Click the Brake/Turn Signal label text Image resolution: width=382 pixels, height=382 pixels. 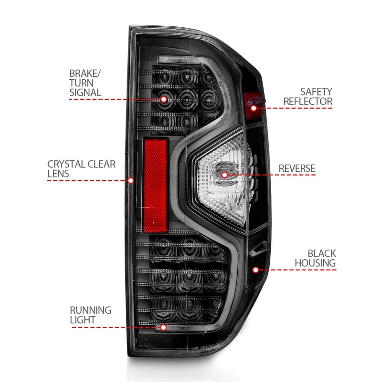85,83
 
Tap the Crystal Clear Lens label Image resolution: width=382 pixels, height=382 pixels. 81,169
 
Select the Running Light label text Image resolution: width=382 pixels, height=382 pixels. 90,315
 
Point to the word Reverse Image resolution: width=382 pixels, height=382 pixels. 297,168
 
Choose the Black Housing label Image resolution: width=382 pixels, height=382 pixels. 315,258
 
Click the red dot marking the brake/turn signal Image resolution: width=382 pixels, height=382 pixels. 164,99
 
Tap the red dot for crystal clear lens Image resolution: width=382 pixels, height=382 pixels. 131,180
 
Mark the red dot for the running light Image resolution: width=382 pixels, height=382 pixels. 164,327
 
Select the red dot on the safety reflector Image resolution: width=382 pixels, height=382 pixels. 254,108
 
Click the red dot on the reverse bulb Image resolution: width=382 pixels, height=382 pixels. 225,175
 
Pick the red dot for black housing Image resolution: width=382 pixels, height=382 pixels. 255,270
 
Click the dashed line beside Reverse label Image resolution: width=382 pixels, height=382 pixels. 286,175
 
